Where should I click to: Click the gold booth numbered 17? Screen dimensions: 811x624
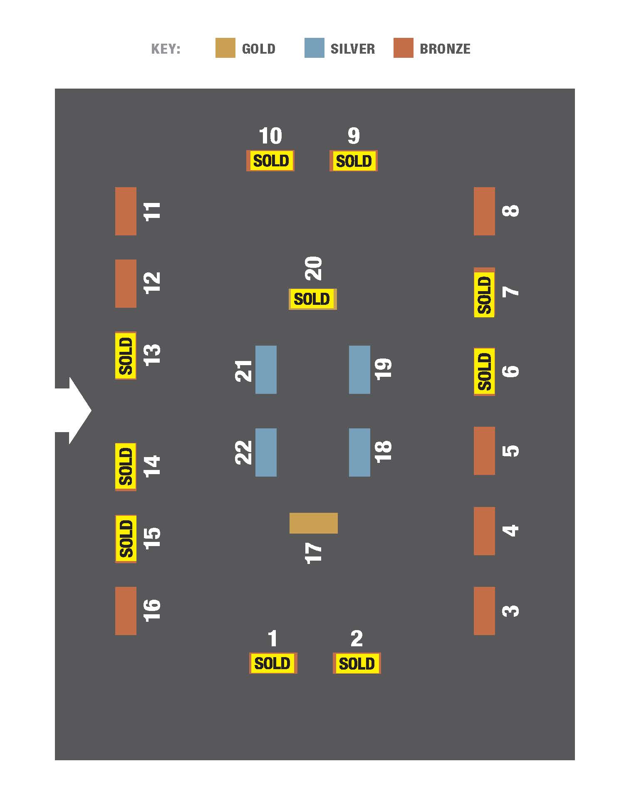pos(313,523)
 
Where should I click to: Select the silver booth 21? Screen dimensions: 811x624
pos(266,369)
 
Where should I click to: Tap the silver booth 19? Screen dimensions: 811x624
pos(359,369)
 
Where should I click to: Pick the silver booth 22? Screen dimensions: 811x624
pos(266,452)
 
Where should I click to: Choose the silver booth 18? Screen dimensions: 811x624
pos(359,452)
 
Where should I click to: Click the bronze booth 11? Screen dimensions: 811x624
pos(126,211)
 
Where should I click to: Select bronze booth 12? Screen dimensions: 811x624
pos(126,284)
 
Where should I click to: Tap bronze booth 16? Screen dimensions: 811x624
pos(126,611)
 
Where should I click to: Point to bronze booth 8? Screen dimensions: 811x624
pos(484,211)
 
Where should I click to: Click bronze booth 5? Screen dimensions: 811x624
pos(484,450)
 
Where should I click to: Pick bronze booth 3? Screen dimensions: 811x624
pos(484,611)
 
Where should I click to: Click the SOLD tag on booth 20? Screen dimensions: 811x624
pos(312,299)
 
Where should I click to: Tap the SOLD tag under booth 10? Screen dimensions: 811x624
pos(271,161)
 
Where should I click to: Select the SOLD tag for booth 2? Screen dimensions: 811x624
pos(357,663)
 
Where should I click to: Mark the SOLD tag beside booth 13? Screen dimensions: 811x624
pos(126,356)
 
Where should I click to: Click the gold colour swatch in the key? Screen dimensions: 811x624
pos(225,48)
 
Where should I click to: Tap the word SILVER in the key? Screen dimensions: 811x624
pos(352,49)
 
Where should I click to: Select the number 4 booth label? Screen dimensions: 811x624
pos(511,530)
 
